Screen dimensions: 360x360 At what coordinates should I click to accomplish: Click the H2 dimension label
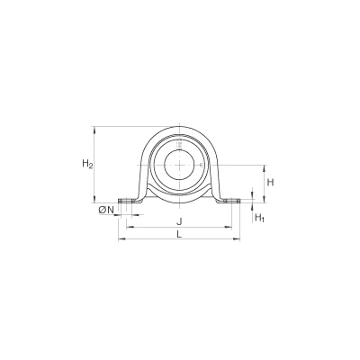click(87, 164)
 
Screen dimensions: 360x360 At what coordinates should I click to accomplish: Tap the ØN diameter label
click(106, 211)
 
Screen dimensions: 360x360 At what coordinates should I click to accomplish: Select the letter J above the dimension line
click(179, 221)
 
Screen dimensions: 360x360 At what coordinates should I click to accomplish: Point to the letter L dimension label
click(179, 234)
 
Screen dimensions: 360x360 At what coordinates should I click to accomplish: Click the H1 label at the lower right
click(259, 218)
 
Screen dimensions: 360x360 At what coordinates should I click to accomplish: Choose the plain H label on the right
click(271, 182)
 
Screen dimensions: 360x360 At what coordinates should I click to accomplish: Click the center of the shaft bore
click(179, 165)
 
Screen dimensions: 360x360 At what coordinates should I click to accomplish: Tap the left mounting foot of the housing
click(130, 201)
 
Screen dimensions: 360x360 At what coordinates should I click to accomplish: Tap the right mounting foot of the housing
click(229, 201)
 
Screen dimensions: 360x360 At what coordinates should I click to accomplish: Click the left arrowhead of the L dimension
click(121, 239)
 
